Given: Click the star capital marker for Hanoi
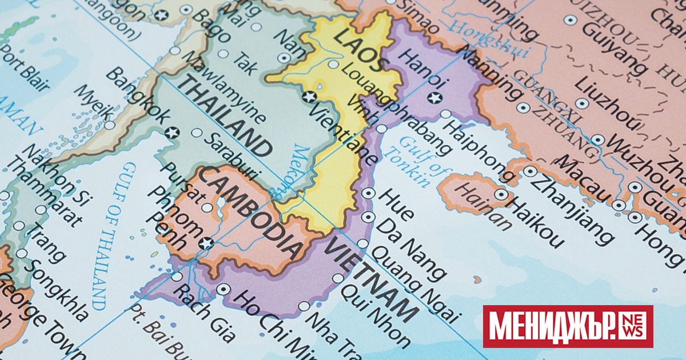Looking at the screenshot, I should click(x=435, y=97).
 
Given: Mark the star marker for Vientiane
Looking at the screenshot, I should click(x=310, y=97).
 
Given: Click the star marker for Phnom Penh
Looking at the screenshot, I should click(x=206, y=243).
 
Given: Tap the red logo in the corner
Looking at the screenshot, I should click(x=568, y=326).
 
